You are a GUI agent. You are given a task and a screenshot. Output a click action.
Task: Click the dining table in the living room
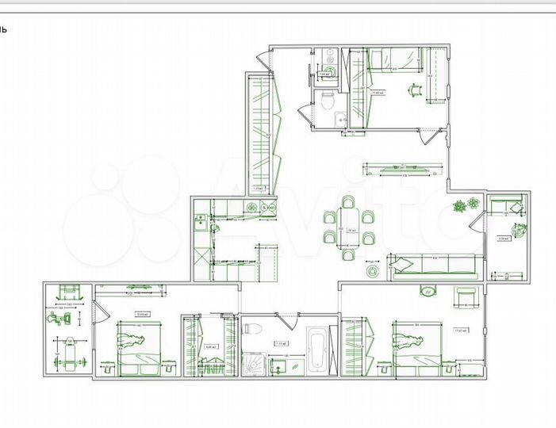click(347, 227)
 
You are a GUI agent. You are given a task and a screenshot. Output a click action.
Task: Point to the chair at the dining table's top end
click(347, 204)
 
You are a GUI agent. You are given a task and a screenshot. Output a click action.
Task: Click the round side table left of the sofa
click(373, 271)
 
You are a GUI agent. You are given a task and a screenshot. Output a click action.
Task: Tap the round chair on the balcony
click(520, 231)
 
